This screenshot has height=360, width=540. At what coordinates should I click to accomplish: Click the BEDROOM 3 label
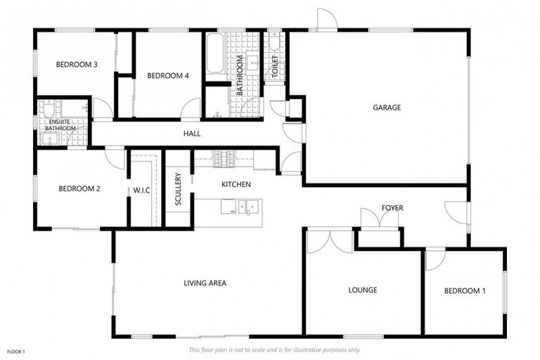tap(76, 65)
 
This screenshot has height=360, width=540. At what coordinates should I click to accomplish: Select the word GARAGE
tap(386, 108)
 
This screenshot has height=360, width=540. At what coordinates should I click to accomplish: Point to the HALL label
tap(192, 133)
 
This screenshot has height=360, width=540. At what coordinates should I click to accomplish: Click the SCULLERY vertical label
tap(179, 189)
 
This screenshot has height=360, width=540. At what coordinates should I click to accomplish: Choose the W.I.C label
tap(141, 190)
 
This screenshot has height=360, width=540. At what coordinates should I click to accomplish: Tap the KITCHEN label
tap(236, 184)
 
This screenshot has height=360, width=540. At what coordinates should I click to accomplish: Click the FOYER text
tap(392, 207)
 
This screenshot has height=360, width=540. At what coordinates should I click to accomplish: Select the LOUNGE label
tap(363, 290)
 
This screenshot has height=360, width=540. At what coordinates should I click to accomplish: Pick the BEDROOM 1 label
tap(464, 290)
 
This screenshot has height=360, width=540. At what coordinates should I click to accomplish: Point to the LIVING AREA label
tap(205, 283)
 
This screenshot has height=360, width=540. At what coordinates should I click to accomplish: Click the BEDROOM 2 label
tap(79, 188)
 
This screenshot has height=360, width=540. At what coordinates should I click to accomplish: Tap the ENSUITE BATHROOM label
tap(60, 124)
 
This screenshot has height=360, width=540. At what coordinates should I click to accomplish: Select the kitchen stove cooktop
tap(224, 159)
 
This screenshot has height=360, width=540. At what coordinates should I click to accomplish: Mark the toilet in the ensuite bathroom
tap(46, 110)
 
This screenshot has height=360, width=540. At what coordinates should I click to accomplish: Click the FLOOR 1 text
tap(16, 351)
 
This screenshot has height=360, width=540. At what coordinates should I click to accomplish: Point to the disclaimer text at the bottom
tap(275, 349)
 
